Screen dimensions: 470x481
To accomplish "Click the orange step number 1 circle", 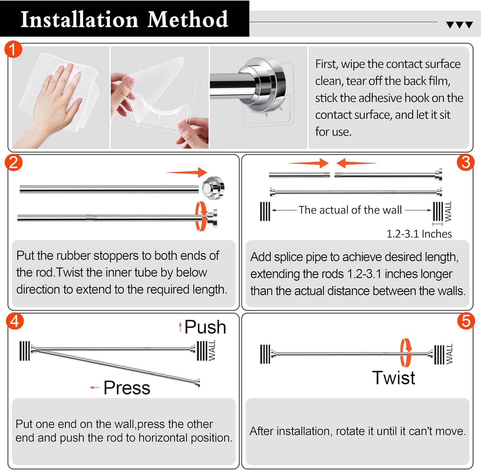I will [13, 49].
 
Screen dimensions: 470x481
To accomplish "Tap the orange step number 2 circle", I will [13, 163].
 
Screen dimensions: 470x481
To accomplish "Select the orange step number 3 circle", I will [465, 162].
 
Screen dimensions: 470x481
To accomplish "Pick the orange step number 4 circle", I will [15, 321].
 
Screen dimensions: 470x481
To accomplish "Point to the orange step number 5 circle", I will [466, 321].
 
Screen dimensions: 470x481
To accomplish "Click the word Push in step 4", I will [205, 327].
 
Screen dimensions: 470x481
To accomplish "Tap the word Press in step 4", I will [127, 388].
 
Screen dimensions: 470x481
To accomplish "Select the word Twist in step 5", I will [393, 378].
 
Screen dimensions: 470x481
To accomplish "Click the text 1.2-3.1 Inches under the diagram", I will [419, 234].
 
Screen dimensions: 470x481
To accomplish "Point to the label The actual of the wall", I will [350, 210].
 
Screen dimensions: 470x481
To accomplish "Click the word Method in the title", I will [188, 20].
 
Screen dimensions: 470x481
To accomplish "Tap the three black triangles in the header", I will [459, 25].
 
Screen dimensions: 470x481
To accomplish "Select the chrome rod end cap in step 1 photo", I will [263, 82].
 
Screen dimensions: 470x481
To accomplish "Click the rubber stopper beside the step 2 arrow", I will [213, 188].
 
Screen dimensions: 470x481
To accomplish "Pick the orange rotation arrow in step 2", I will [201, 216].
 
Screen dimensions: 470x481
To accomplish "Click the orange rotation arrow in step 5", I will [406, 353].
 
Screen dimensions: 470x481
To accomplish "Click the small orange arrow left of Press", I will [95, 388].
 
